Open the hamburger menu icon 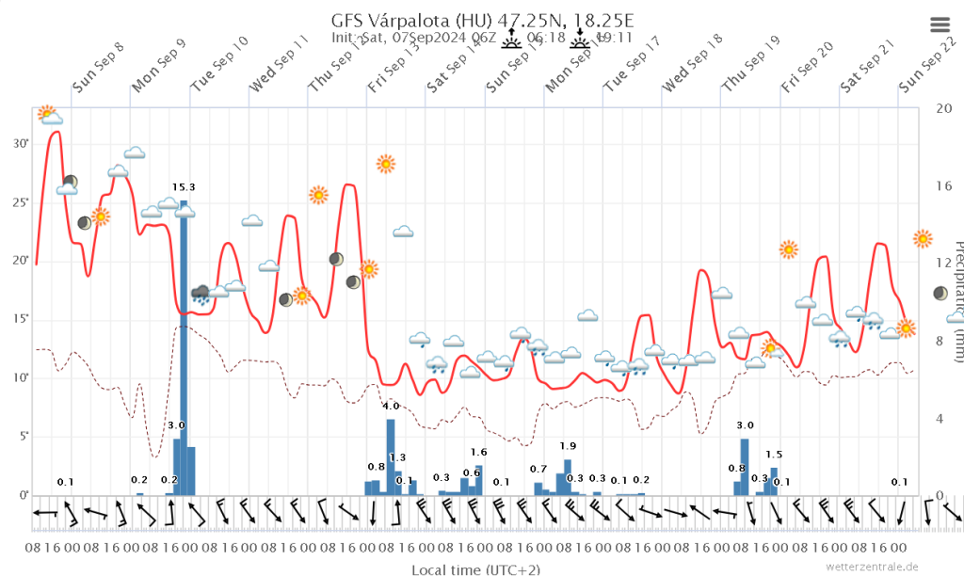click(940, 25)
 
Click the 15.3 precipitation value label click(184, 187)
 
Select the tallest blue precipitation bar click(184, 347)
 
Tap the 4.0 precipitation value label click(391, 406)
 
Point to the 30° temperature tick click(21, 143)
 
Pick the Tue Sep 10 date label click(219, 64)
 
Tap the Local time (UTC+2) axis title click(475, 569)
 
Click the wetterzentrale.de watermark click(872, 566)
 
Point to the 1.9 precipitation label click(568, 445)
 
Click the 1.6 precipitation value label click(478, 452)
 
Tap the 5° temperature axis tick click(21, 436)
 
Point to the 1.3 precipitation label click(397, 457)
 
